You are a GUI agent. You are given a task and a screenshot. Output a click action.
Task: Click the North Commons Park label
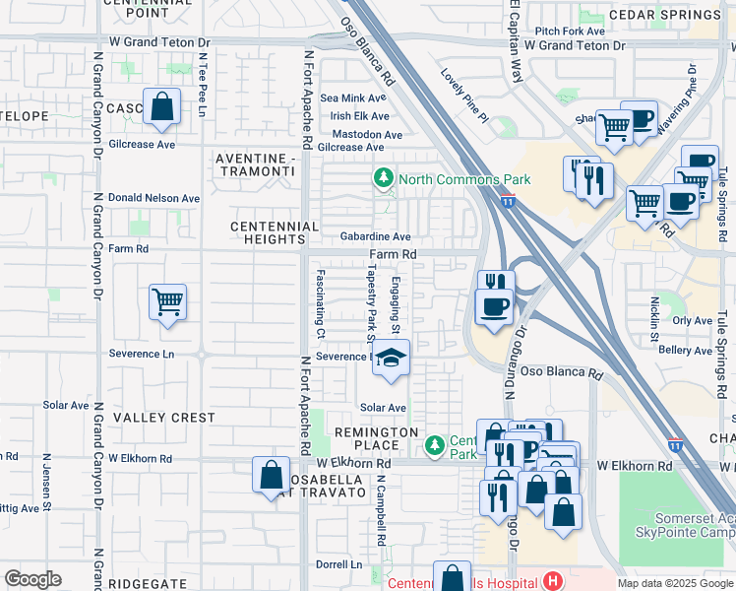[463, 179]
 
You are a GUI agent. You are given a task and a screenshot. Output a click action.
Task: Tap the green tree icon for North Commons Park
[382, 179]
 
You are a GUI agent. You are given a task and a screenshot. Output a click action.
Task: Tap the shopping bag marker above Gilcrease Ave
[161, 106]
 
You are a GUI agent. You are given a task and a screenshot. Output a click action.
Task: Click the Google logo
[32, 579]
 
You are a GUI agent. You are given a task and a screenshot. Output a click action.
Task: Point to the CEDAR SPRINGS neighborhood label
[678, 15]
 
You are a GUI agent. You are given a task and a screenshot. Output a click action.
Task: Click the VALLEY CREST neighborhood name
[163, 418]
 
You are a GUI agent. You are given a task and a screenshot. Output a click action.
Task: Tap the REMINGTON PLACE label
[378, 439]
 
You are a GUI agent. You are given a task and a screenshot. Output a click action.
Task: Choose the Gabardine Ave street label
[375, 237]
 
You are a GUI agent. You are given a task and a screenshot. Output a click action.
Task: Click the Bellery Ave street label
[685, 351]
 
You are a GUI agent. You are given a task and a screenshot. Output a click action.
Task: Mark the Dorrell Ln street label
[338, 565]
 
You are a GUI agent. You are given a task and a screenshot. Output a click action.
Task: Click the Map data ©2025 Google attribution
[675, 583]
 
